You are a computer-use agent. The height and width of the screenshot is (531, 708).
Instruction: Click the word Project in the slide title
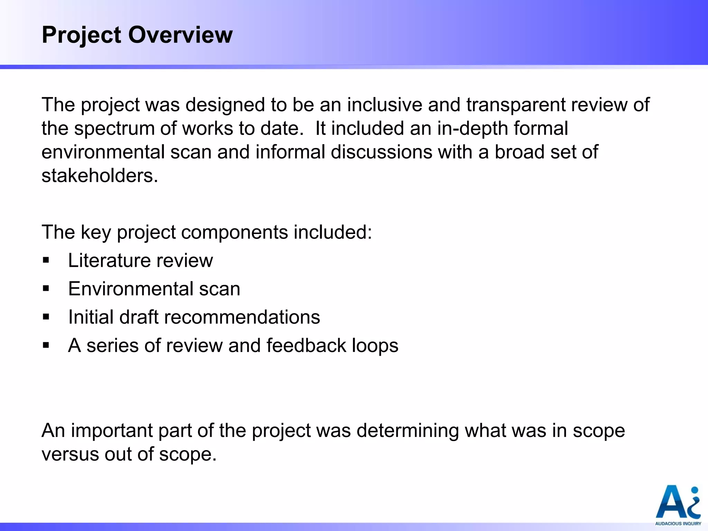[x=82, y=36]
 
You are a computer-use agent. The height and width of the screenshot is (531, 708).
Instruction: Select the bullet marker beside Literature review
[x=46, y=260]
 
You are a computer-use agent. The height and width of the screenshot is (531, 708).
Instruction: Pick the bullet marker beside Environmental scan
[x=46, y=288]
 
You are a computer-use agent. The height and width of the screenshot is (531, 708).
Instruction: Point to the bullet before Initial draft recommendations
[x=46, y=317]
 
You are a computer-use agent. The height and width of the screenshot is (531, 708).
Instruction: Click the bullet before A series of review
[x=46, y=345]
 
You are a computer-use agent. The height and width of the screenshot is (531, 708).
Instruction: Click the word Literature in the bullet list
[x=110, y=260]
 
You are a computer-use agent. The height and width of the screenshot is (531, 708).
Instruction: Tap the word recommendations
[x=242, y=317]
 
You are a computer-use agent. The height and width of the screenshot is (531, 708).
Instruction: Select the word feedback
[x=306, y=345]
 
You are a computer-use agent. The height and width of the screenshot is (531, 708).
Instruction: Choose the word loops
[x=375, y=346]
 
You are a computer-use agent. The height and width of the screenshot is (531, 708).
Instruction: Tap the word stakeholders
[x=100, y=176]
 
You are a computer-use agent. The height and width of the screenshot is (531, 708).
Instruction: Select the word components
[x=234, y=232]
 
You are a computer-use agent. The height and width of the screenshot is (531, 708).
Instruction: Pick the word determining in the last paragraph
[x=407, y=431]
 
